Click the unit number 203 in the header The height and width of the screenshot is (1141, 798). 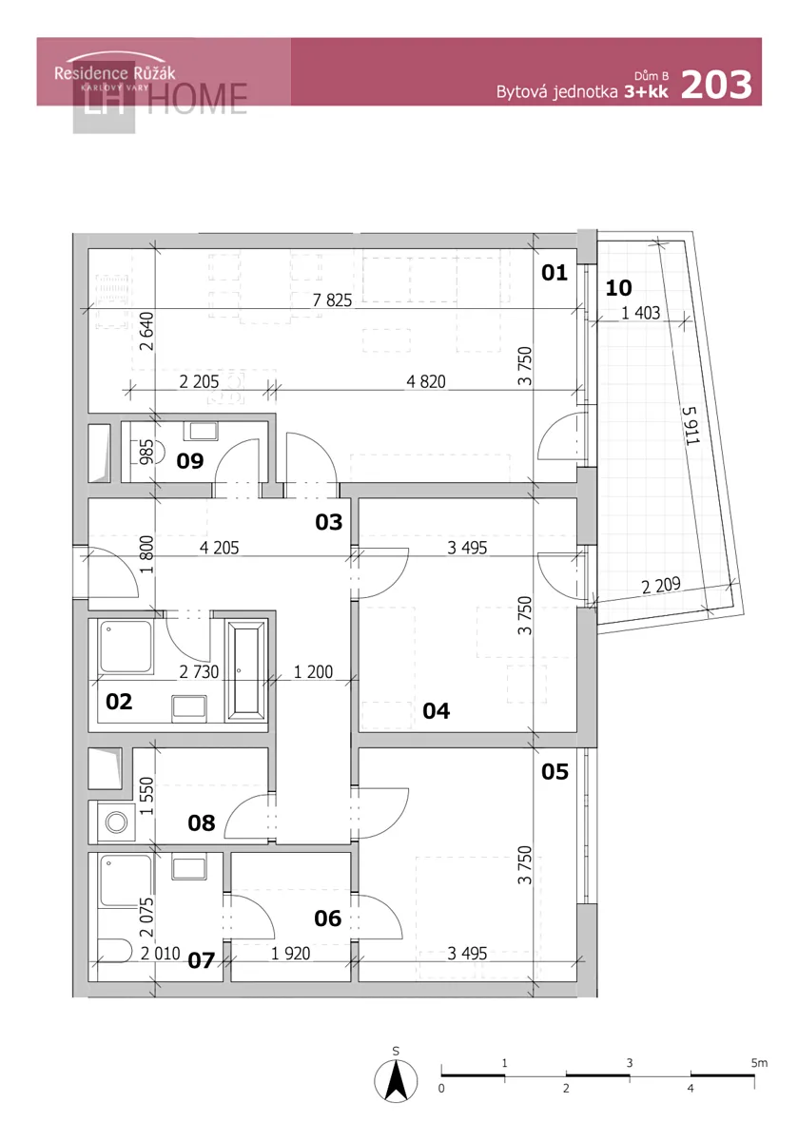click(x=716, y=85)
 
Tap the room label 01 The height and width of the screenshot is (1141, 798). click(x=554, y=273)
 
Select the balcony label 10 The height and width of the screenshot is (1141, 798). click(x=618, y=288)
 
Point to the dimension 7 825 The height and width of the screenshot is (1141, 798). click(x=332, y=300)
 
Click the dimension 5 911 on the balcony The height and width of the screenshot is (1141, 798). click(x=691, y=425)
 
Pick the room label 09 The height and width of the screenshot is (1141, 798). click(x=189, y=461)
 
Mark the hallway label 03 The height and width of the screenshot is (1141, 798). click(x=329, y=522)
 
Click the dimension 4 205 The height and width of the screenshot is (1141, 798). click(x=219, y=548)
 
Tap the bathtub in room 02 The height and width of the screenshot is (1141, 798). click(x=246, y=671)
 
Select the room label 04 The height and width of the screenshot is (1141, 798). click(x=437, y=711)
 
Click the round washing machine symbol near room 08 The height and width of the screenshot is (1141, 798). click(x=116, y=822)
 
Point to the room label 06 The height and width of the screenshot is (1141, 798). click(x=327, y=919)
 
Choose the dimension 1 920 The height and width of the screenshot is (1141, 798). click(x=290, y=953)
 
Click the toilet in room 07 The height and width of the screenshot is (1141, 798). click(x=114, y=951)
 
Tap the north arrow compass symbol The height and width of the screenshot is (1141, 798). click(x=396, y=1081)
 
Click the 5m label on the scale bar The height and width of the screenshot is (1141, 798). click(x=759, y=1063)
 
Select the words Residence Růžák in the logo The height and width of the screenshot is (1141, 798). click(x=115, y=73)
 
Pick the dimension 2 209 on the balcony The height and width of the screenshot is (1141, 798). click(x=661, y=586)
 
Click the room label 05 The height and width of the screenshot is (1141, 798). click(x=555, y=772)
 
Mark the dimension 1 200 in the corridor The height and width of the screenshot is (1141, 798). click(x=313, y=672)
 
